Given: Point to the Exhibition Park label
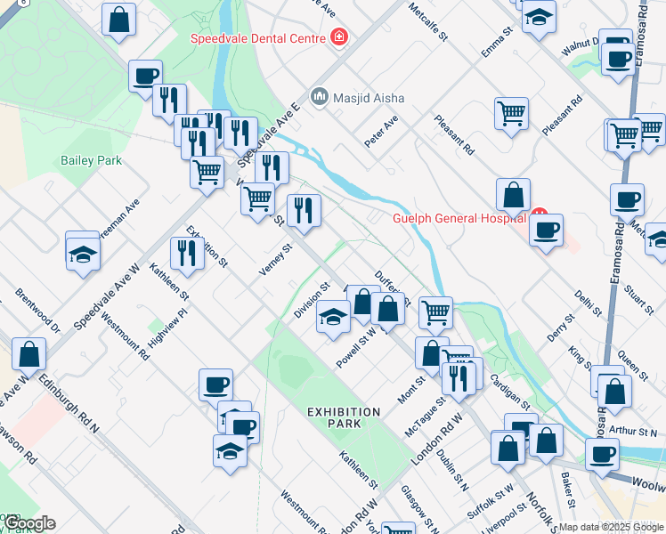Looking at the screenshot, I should [344, 417].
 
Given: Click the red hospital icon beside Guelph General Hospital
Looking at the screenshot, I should [539, 214].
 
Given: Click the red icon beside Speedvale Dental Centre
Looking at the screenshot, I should [338, 36].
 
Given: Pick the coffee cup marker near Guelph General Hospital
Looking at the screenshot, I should [546, 231].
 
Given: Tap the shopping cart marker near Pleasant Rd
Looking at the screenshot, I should [511, 112].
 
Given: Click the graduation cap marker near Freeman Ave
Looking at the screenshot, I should [83, 252].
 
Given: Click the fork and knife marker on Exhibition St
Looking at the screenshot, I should [186, 252].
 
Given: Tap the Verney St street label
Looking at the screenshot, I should [276, 260].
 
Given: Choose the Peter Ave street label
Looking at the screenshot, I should [381, 131].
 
